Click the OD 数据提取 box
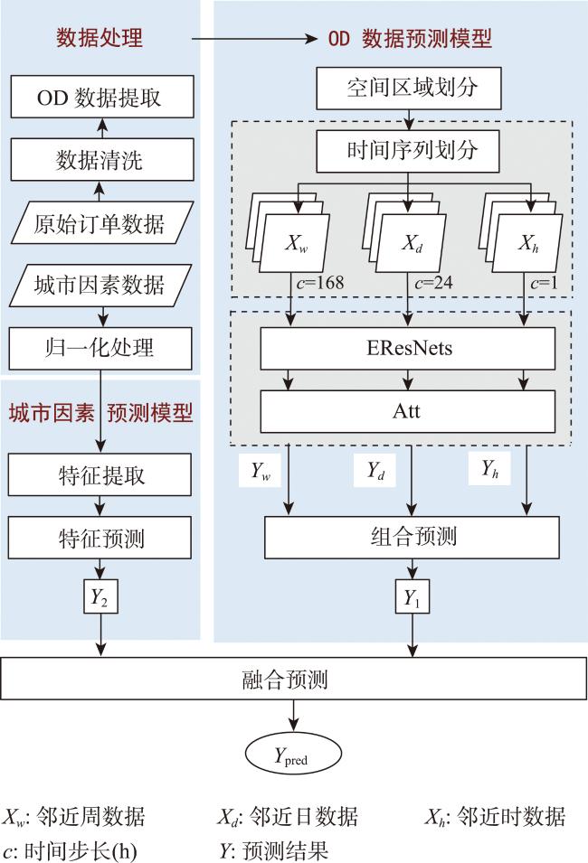tap(102, 97)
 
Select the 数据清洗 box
tap(102, 160)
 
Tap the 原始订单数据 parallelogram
tap(102, 223)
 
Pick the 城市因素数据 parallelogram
tap(101, 285)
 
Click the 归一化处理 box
tap(100, 349)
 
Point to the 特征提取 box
tap(100, 474)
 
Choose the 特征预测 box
tap(100, 538)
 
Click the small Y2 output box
tap(100, 596)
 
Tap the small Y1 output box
tap(413, 596)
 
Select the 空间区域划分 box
tap(409, 88)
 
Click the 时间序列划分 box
tap(408, 151)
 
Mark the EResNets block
tap(408, 349)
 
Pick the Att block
tap(408, 412)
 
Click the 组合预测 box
tap(413, 537)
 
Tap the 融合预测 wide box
tap(294, 679)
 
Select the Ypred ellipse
tap(293, 754)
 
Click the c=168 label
tap(319, 283)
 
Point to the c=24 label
tap(433, 283)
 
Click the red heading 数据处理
tap(100, 38)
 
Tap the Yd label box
tap(375, 470)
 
